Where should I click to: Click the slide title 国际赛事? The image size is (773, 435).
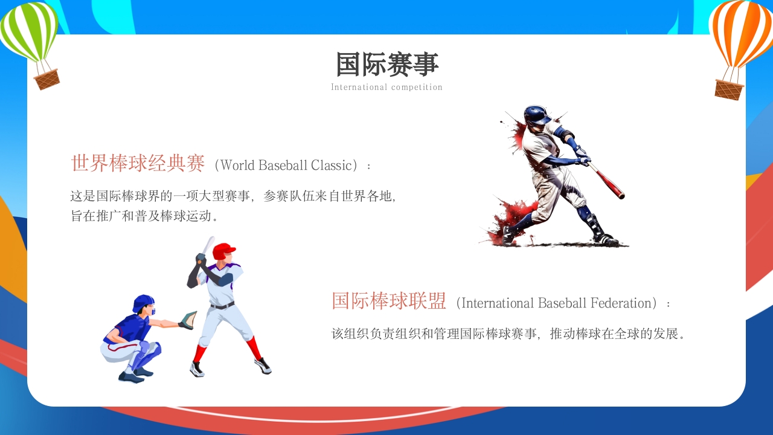pyautogui.click(x=386, y=64)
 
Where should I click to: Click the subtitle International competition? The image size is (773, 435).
pyautogui.click(x=386, y=87)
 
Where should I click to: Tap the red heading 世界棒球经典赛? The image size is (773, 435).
pyautogui.click(x=138, y=164)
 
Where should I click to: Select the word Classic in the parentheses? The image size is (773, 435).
pyautogui.click(x=331, y=165)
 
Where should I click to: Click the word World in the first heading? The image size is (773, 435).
pyautogui.click(x=238, y=165)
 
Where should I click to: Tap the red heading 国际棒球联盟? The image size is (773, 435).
pyautogui.click(x=389, y=301)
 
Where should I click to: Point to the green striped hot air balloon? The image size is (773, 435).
pyautogui.click(x=29, y=30)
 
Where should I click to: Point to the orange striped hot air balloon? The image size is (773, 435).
pyautogui.click(x=741, y=33)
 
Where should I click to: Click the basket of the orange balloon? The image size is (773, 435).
pyautogui.click(x=729, y=89)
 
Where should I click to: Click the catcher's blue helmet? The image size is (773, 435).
pyautogui.click(x=144, y=302)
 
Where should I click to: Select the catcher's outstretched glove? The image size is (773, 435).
pyautogui.click(x=188, y=320)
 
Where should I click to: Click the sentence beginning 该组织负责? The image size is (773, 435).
pyautogui.click(x=509, y=333)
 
